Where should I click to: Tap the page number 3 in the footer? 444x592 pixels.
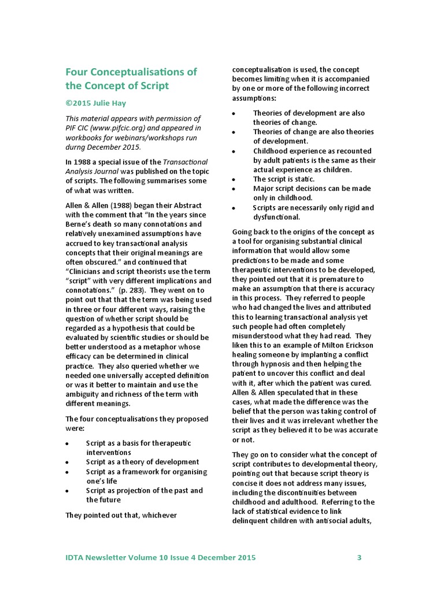359,558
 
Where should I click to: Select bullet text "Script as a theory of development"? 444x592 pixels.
142,462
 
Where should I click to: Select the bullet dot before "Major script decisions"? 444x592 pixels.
233,189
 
